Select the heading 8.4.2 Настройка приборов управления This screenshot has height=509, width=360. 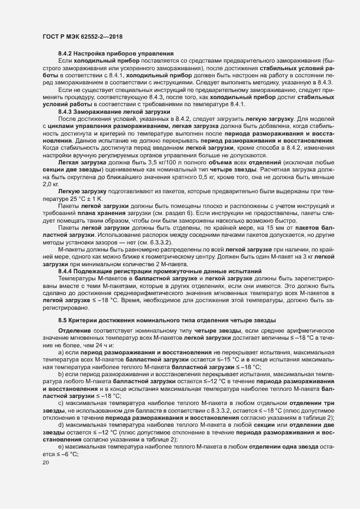click(116, 53)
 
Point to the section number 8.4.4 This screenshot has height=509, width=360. click(66, 271)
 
